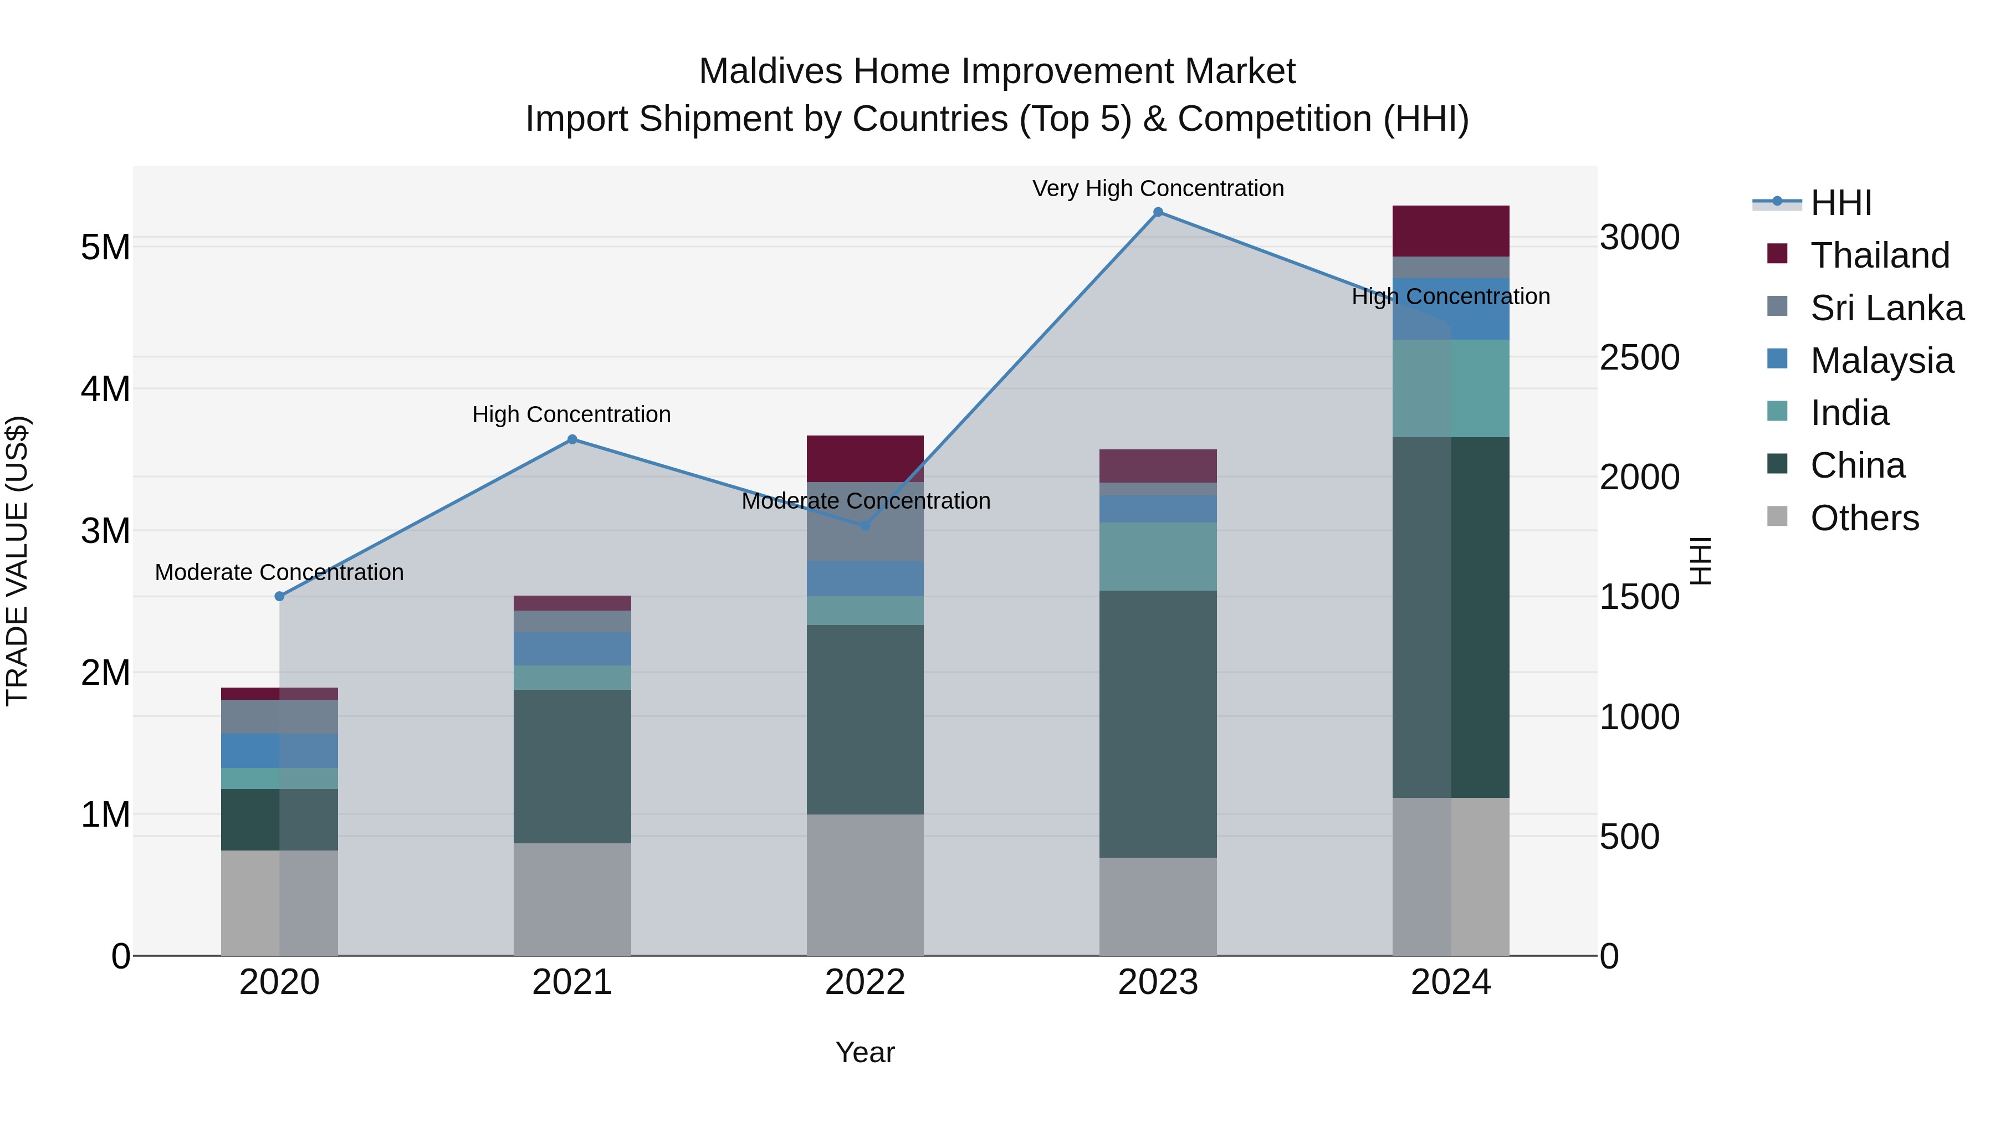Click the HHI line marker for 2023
[1158, 212]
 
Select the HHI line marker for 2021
[572, 439]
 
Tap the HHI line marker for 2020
[280, 596]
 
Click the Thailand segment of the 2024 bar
[1451, 230]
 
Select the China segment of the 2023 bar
[1158, 724]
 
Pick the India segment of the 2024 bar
[1451, 389]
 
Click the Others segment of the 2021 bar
[572, 899]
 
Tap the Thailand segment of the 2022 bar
[865, 458]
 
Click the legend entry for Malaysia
[1881, 361]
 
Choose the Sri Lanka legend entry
[1886, 308]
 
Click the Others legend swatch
[1777, 516]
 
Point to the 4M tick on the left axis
[105, 389]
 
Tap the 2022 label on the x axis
[865, 982]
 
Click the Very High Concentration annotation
[1158, 189]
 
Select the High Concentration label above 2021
[571, 415]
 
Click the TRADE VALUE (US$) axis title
[17, 561]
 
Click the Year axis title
[865, 1052]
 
